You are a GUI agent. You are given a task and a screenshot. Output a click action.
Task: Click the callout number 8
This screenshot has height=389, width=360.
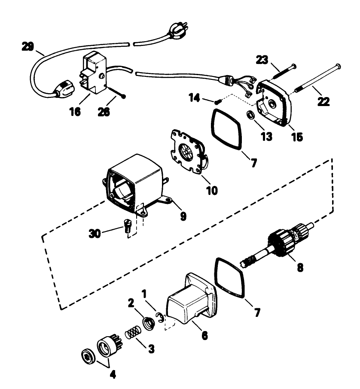coord(299,267)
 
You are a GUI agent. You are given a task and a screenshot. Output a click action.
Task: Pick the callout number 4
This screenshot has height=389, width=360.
coord(112,374)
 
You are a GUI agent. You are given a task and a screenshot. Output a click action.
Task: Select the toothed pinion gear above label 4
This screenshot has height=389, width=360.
coord(108,346)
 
